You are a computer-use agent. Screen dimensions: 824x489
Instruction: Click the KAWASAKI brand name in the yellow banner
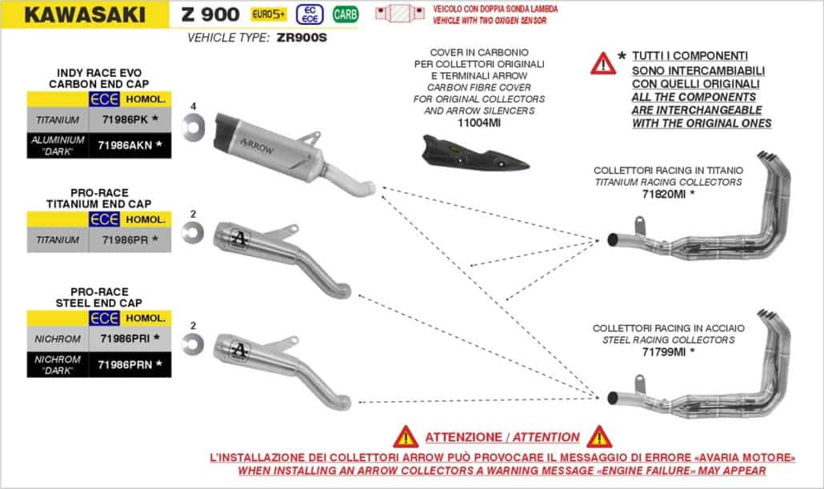pos(85,14)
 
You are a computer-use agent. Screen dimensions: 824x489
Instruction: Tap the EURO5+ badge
pos(269,14)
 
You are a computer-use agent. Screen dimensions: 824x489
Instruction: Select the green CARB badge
pos(346,14)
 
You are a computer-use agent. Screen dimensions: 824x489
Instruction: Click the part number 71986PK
pos(125,119)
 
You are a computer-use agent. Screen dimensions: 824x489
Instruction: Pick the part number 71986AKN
pos(125,145)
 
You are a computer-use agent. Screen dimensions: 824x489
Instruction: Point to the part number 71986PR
pos(125,240)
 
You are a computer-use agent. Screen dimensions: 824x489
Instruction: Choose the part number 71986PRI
pos(125,339)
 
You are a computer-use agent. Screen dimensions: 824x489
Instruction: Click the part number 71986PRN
pos(125,364)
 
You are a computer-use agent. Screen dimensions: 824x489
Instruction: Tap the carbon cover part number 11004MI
pos(478,123)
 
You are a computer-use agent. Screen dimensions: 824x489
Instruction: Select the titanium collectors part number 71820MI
pos(664,194)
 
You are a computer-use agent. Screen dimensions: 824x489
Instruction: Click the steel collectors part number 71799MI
pos(664,352)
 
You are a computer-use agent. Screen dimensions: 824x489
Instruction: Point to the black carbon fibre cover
pos(475,153)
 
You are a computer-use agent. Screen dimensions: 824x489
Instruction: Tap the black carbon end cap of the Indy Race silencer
pos(223,131)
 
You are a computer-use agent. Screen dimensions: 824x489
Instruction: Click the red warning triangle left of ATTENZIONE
pos(406,437)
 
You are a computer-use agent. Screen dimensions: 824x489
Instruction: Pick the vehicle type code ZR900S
pos(302,38)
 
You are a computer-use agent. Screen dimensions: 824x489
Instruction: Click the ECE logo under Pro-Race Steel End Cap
pos(104,319)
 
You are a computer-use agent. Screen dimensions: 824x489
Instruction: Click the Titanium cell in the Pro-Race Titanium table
pos(58,240)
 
